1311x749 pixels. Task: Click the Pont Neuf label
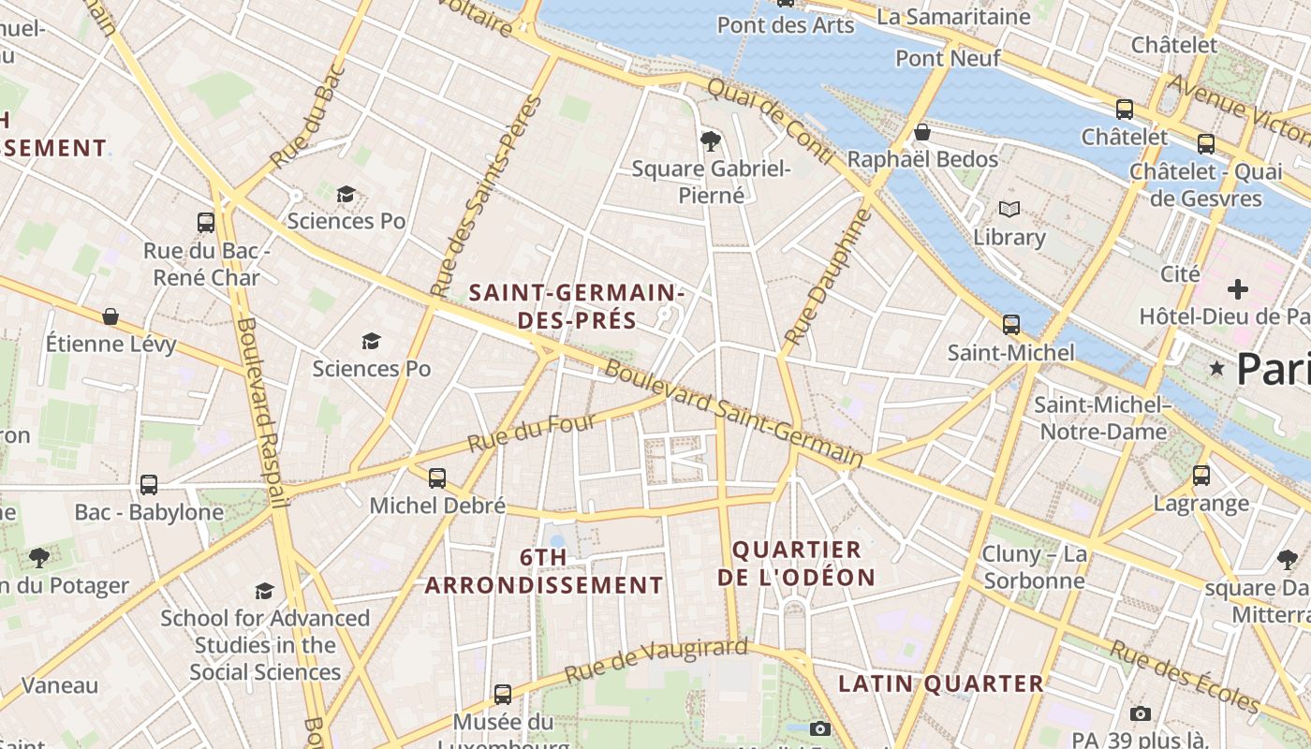point(948,58)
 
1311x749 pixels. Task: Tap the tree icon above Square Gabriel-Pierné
point(711,141)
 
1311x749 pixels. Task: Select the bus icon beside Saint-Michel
point(1011,325)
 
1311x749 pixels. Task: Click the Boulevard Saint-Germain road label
point(734,412)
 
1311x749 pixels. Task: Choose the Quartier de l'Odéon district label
point(796,564)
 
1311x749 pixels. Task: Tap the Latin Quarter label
point(940,683)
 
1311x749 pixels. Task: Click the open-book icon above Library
point(1009,209)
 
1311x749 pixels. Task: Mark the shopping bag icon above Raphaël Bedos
point(922,132)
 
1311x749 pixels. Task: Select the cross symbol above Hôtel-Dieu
point(1238,289)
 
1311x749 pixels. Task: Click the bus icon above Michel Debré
point(437,478)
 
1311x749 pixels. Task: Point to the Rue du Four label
point(532,433)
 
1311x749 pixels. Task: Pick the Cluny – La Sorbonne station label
point(1034,567)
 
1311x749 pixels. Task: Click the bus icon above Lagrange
point(1201,476)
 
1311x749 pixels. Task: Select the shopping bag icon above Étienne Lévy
point(110,316)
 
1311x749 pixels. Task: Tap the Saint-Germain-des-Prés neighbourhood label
point(577,306)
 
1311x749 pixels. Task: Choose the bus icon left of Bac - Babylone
point(149,485)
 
